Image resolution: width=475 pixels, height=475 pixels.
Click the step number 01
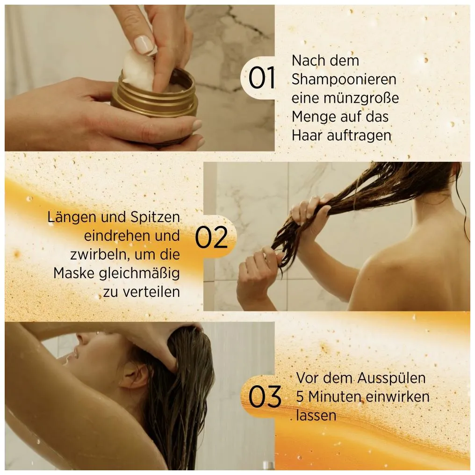pos(262,79)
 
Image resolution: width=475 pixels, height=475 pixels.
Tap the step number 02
pos(211,237)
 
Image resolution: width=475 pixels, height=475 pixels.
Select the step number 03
pos(265,397)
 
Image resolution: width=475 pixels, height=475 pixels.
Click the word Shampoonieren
pos(344,79)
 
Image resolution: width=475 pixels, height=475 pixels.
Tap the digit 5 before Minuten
pos(300,397)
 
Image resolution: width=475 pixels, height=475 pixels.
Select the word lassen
pos(316,415)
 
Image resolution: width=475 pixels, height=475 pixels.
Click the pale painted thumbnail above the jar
pos(144,44)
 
